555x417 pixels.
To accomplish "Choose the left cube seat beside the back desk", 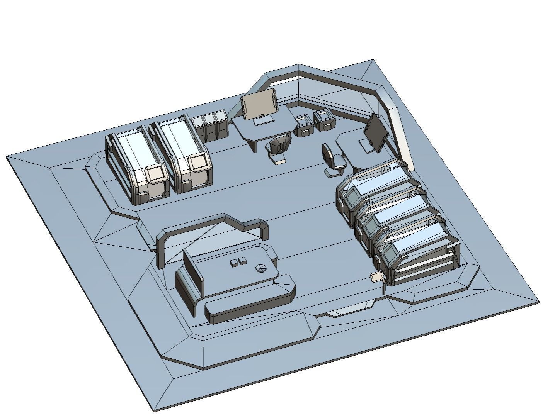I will (x=304, y=125).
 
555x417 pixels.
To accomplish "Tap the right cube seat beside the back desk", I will (x=324, y=119).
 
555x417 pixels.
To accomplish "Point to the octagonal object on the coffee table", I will (x=261, y=268).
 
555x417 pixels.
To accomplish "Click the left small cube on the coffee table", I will (x=234, y=263).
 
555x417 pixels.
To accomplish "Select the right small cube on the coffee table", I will (x=243, y=261).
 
